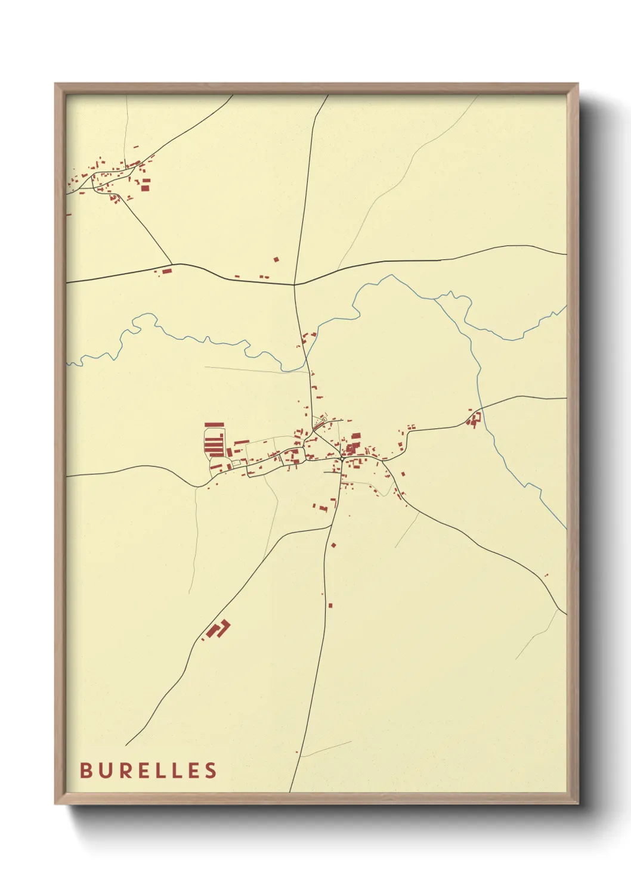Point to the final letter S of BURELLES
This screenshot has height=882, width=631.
click(x=211, y=771)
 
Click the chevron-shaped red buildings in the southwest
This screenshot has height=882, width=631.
click(x=218, y=629)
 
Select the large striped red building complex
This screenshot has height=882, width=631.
click(x=214, y=442)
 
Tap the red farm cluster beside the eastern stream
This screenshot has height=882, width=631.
click(x=474, y=419)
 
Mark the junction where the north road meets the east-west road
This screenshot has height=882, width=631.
click(x=294, y=285)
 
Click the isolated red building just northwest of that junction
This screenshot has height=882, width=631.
click(x=276, y=259)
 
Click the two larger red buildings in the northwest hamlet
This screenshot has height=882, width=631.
click(x=145, y=184)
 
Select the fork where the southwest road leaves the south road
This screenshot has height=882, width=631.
click(x=332, y=526)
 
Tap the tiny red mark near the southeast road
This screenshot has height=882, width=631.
click(x=546, y=575)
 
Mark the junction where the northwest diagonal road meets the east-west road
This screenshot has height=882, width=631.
click(x=172, y=264)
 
